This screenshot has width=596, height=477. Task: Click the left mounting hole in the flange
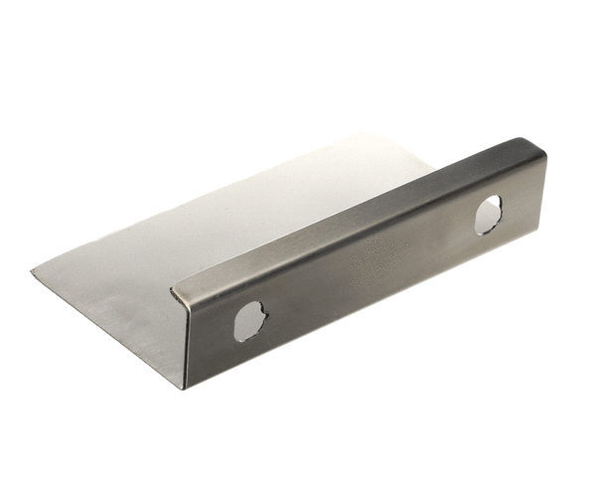click(x=249, y=321)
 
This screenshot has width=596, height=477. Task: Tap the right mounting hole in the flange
click(x=488, y=215)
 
